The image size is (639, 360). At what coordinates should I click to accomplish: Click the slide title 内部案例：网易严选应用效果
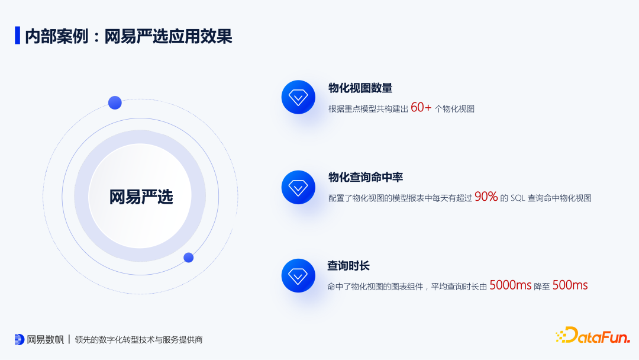tap(128, 36)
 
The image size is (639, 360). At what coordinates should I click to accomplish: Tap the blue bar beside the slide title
tap(17, 36)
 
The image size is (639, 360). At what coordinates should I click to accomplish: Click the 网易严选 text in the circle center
tap(141, 197)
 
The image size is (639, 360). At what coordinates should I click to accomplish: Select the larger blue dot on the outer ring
tap(115, 102)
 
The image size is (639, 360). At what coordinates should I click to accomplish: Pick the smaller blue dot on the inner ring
tap(189, 258)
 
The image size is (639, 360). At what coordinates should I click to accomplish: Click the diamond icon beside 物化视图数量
tap(298, 97)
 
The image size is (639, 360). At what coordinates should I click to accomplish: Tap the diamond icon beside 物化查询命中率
tap(298, 188)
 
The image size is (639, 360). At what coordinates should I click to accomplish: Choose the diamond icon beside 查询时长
tap(298, 275)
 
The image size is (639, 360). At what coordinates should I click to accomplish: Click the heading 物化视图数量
tap(360, 88)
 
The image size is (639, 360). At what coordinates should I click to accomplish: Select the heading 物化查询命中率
tap(366, 178)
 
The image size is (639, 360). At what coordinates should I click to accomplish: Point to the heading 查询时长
tap(348, 266)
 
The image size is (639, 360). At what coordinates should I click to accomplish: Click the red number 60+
tap(421, 107)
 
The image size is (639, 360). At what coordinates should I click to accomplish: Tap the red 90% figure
tap(486, 197)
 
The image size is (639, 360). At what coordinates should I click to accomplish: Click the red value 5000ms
tap(510, 285)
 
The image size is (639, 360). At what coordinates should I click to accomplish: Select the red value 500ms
tap(570, 285)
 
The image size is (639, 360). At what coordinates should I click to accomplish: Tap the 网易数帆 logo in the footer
tap(39, 339)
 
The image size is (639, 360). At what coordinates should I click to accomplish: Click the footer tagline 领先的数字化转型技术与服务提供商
tap(138, 340)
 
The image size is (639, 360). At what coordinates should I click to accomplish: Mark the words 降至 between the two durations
tap(541, 286)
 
